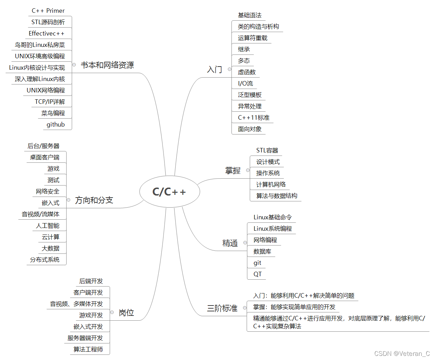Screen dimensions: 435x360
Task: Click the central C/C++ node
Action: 169,192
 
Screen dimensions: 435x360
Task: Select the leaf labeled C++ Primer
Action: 48,11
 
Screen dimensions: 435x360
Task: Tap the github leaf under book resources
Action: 56,124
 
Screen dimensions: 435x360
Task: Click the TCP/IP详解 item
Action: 50,102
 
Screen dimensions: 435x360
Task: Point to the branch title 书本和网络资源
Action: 107,65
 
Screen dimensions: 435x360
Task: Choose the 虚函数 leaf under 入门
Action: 247,72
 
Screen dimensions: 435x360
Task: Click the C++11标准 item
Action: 254,118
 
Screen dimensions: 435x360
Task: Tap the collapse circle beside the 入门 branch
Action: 229,69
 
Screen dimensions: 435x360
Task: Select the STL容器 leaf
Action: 267,150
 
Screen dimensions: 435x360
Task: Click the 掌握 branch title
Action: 233,171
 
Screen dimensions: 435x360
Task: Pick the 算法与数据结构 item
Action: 277,196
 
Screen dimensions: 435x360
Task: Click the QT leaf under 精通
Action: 257,274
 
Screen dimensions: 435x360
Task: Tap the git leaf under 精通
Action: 257,263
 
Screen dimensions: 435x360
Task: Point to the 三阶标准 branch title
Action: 222,308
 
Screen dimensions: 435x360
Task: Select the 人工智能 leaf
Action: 48,226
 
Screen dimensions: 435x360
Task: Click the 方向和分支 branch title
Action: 94,200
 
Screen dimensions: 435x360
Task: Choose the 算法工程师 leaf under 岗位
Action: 88,350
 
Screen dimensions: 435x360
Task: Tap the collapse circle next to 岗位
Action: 112,312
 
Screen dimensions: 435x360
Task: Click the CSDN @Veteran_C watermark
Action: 402,353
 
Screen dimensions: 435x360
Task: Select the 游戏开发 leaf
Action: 91,315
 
